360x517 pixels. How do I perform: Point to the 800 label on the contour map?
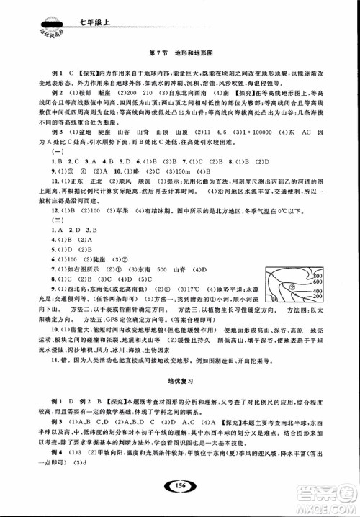point(318,276)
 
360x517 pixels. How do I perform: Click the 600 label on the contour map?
point(318,282)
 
